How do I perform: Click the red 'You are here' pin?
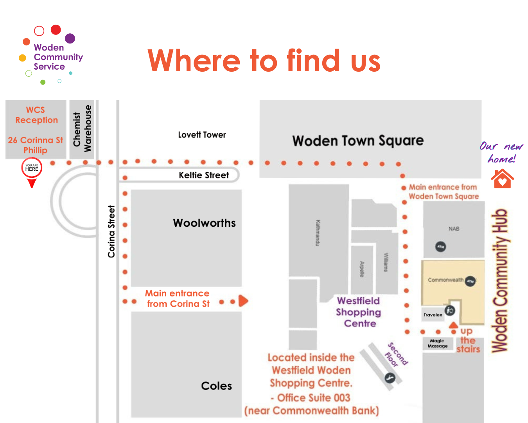pos(32,169)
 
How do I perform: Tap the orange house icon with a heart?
pos(502,179)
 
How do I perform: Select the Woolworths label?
pos(204,223)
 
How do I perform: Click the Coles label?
pos(216,386)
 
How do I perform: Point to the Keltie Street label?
pos(204,175)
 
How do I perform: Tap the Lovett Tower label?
pos(202,135)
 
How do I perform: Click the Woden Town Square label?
pos(358,141)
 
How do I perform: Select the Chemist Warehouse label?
pos(82,128)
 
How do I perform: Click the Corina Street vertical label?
pos(111,231)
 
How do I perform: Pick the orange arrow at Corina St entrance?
pos(243,301)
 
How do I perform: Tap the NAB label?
pos(454,229)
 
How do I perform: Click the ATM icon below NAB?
pos(441,247)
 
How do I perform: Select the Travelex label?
pos(433,315)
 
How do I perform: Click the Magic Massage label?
pos(438,343)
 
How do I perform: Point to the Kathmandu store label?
pos(318,233)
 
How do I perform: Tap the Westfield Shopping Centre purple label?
pos(359,312)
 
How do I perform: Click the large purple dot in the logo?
pos(70,38)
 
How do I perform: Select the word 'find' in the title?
pos(313,61)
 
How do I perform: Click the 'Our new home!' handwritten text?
pos(501,152)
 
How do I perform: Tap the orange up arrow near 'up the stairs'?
pos(453,325)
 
